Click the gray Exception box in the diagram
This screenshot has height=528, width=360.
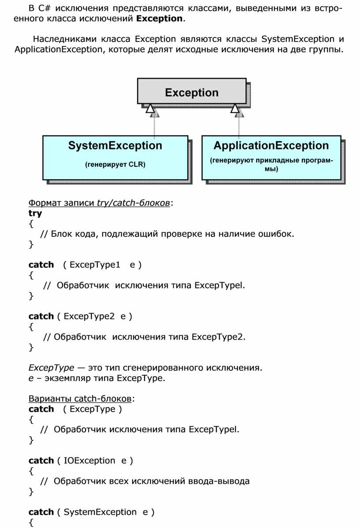tap(191, 92)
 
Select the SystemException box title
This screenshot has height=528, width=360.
tap(115, 146)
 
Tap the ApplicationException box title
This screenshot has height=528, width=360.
tap(271, 146)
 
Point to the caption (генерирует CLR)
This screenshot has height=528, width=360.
tap(115, 165)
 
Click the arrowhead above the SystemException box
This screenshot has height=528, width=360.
tap(150, 108)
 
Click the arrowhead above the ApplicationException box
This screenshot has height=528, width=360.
tap(235, 108)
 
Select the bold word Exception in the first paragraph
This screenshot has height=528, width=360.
tap(159, 19)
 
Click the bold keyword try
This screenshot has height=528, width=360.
tap(35, 213)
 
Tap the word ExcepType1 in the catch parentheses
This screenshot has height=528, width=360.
tap(95, 265)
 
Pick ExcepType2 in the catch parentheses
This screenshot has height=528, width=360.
tap(89, 316)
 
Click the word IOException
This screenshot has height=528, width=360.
tap(89, 461)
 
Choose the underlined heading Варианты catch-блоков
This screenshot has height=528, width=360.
tap(80, 399)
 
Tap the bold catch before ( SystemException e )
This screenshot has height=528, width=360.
tap(41, 512)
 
